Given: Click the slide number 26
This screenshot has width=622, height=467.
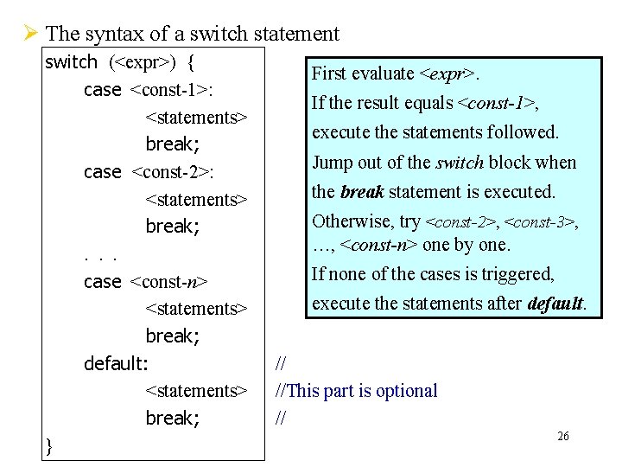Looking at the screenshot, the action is pos(562,437).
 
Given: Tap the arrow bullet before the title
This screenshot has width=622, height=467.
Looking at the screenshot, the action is pos(29,35).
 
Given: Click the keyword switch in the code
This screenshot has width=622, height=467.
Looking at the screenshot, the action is pos(71,62).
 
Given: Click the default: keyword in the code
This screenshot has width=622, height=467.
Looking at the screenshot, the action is pos(116,363).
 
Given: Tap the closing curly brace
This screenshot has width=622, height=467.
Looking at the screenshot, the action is pos(49,445).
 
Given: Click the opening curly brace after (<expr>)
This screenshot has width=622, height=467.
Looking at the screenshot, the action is pos(190,62).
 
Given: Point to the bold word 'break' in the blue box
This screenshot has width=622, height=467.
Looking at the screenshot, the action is pos(361,192).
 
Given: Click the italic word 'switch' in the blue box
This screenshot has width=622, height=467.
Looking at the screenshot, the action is pos(460,163).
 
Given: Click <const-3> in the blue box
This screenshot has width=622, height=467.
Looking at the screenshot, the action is pos(538,222).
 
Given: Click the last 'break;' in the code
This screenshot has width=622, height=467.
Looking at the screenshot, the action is pos(173,419).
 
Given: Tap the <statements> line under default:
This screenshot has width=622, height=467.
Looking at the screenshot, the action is pos(196,391).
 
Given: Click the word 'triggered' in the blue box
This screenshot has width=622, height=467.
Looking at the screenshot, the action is pos(519,275).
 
